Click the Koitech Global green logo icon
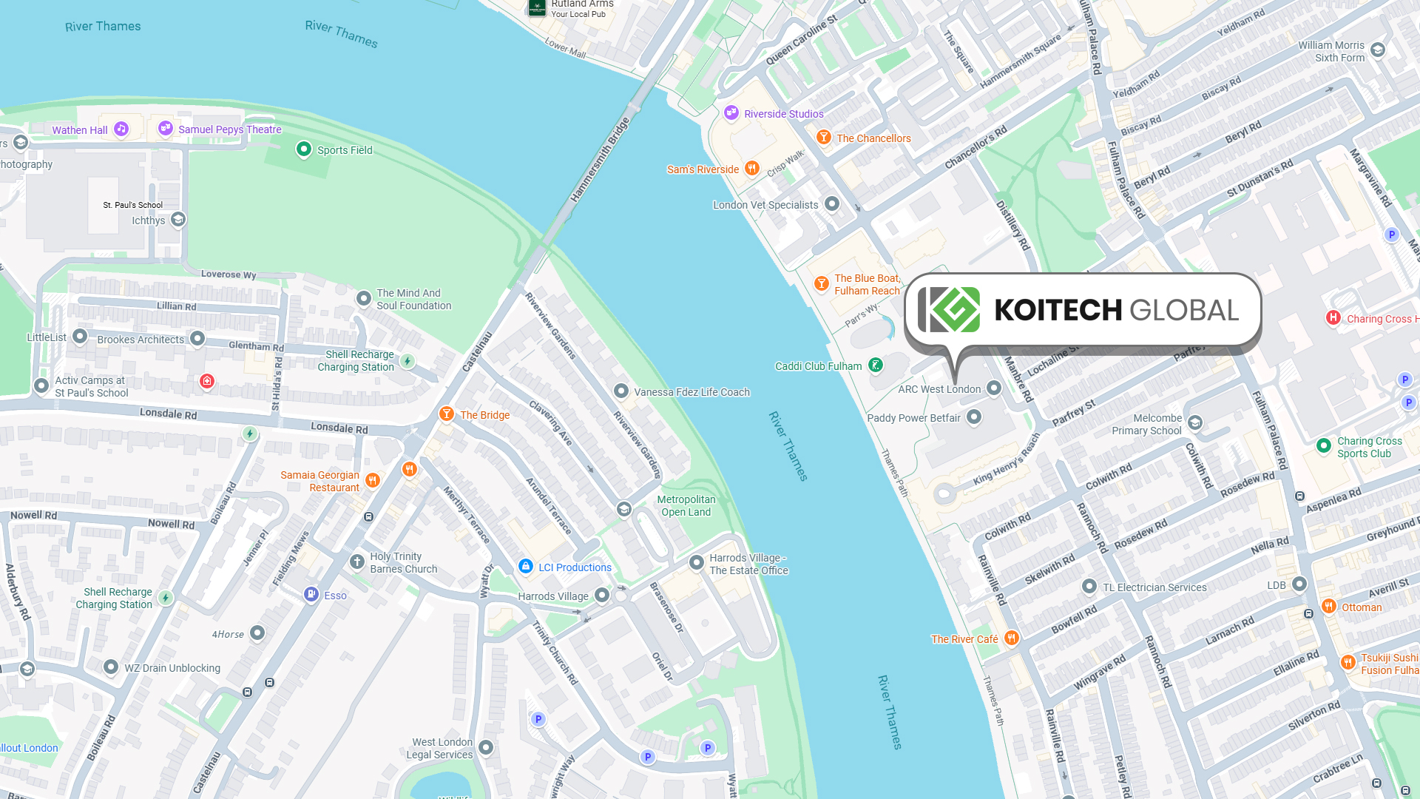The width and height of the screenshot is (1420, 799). pos(950,310)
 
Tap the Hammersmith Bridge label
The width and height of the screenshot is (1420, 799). pos(600,160)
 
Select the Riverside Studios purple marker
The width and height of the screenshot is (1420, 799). pos(731,112)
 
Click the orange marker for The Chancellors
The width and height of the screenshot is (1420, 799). pos(823,137)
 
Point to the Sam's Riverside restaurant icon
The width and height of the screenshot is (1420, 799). pos(751,168)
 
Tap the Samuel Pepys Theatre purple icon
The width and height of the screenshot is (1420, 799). pos(166,128)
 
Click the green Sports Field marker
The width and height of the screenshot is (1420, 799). pos(303,149)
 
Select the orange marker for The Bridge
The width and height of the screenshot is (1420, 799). pos(446,414)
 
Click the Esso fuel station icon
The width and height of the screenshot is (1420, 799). pos(311,594)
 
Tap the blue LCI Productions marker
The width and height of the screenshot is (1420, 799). pos(525,566)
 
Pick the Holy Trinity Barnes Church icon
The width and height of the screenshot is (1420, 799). pos(357,562)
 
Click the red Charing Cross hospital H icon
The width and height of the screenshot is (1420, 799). pos(1333,317)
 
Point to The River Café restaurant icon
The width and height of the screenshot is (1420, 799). pos(1011,638)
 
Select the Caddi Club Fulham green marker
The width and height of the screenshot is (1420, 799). pos(876,365)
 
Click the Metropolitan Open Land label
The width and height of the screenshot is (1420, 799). pos(686,506)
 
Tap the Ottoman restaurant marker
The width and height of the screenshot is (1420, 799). pos(1328,607)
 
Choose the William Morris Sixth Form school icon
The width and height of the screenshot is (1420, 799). pos(1377,50)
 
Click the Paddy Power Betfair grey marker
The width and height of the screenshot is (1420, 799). pos(974,417)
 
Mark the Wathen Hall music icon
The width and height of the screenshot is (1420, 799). pos(121,129)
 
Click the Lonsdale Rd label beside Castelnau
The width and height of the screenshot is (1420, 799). pos(339,428)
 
